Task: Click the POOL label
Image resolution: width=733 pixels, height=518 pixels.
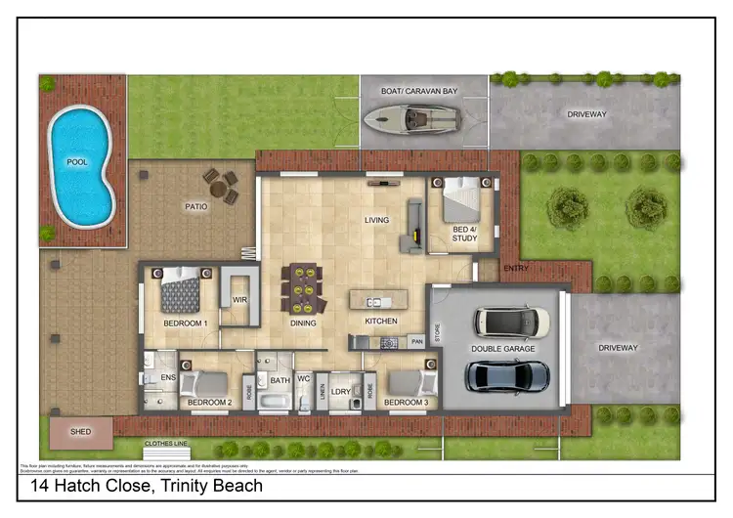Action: (76, 161)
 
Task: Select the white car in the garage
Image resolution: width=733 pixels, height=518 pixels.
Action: (510, 321)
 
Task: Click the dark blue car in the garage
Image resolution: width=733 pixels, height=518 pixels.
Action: (507, 374)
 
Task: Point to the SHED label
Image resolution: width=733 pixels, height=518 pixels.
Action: (81, 431)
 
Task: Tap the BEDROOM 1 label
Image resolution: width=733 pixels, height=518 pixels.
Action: (185, 323)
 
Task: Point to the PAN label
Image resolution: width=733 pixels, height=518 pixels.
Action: (416, 341)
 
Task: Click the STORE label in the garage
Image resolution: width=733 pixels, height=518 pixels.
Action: (438, 333)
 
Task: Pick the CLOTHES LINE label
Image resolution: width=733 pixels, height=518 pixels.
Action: (165, 443)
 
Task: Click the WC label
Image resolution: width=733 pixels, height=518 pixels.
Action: (303, 378)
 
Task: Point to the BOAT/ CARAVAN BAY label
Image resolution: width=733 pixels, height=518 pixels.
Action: (421, 91)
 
